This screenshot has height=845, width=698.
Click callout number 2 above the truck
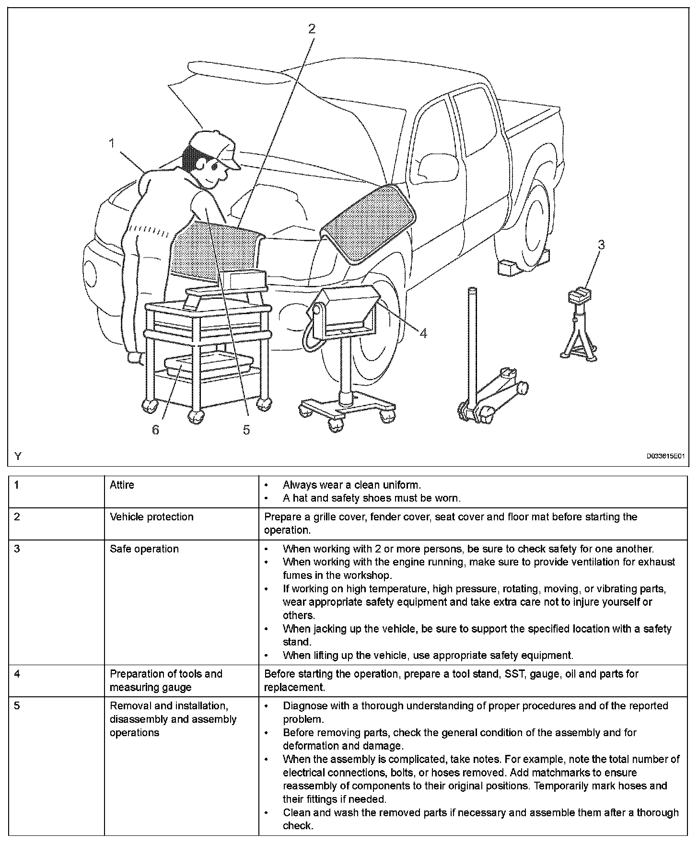pos(312,29)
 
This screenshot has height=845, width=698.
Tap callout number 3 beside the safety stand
pos(601,245)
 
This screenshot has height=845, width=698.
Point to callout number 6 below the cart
pos(155,430)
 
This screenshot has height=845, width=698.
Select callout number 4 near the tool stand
pos(423,332)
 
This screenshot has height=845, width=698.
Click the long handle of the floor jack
pos(472,345)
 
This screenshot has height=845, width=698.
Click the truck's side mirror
pos(429,165)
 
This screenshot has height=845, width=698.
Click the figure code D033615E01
pos(665,457)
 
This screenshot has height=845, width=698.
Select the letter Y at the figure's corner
pos(18,456)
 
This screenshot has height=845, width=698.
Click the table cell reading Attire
pos(122,485)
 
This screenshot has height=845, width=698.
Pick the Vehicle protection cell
pos(151,517)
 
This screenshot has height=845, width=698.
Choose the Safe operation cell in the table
pos(144,549)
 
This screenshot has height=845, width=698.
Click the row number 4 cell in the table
pos(17,674)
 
